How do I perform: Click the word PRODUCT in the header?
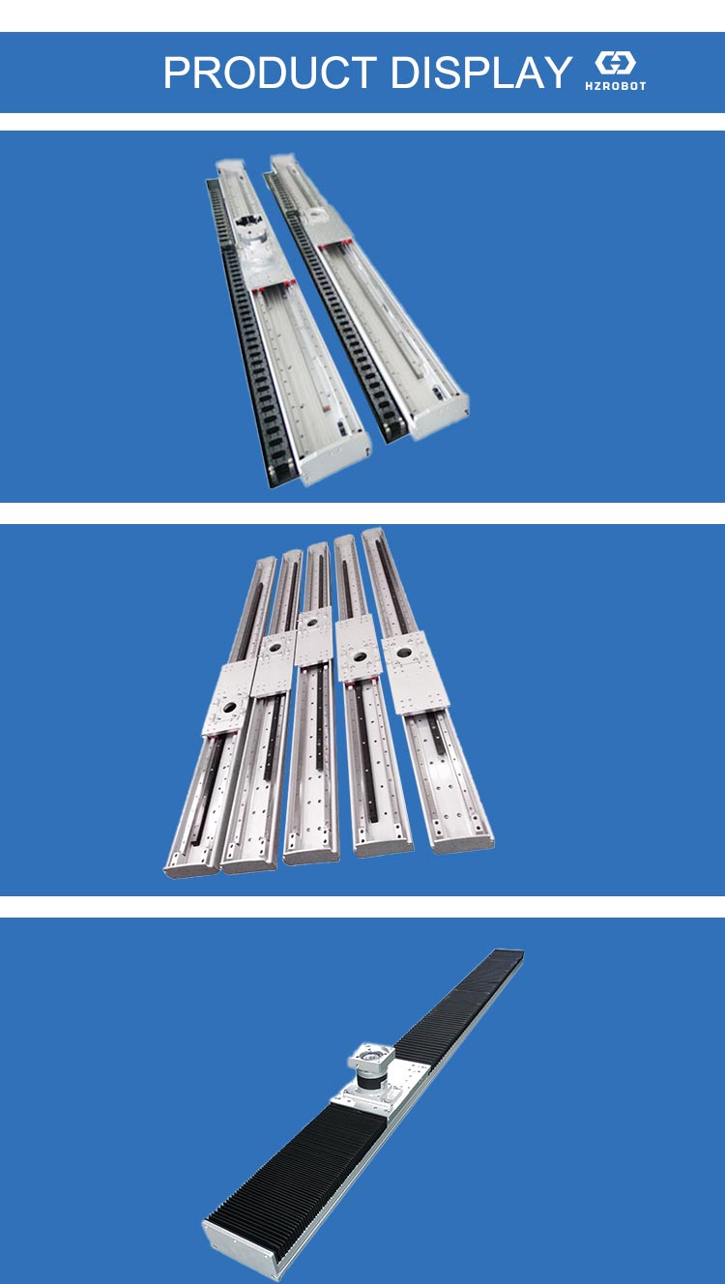[269, 73]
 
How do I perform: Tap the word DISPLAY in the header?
[480, 73]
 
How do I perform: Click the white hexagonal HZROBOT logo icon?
[615, 64]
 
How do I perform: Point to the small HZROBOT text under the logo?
[615, 86]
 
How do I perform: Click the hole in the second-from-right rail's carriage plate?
[359, 658]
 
